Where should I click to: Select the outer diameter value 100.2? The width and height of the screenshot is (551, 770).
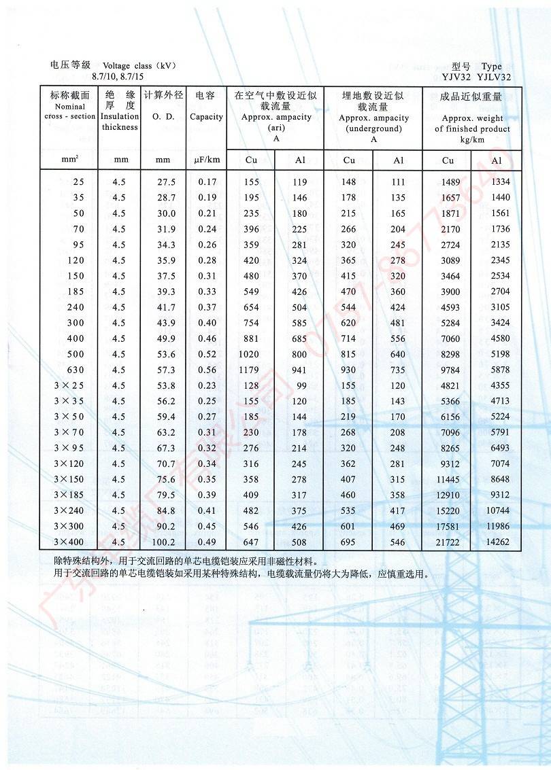click(163, 542)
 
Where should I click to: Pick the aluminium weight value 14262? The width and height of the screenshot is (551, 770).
click(496, 542)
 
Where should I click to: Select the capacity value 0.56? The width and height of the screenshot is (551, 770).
click(207, 370)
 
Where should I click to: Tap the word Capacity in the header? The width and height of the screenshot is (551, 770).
click(206, 117)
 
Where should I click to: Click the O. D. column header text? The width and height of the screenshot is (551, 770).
click(163, 117)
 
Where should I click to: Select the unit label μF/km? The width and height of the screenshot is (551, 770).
click(207, 160)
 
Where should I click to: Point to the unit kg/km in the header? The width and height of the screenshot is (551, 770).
click(472, 139)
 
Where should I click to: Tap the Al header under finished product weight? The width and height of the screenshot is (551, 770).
click(497, 161)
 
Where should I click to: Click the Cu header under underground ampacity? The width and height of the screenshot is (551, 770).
click(349, 160)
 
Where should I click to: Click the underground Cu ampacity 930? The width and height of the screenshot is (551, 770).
click(349, 370)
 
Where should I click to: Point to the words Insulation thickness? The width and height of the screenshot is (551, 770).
click(120, 122)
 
